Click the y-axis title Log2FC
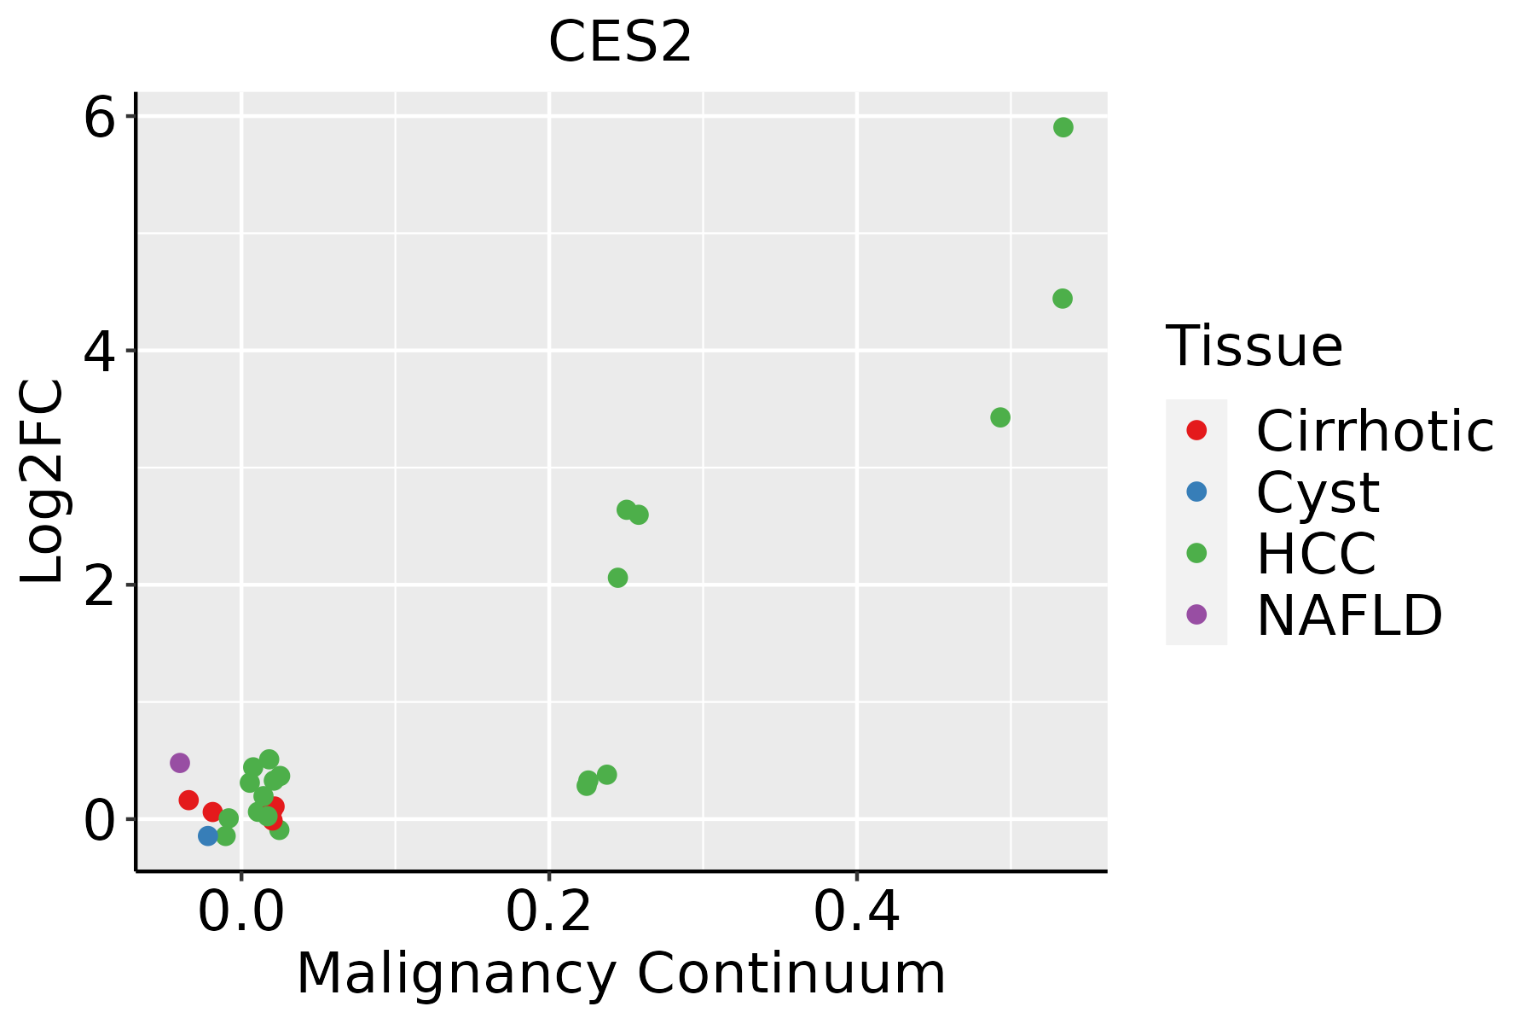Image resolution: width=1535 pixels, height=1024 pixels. click(43, 482)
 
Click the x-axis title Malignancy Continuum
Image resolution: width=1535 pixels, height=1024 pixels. click(620, 975)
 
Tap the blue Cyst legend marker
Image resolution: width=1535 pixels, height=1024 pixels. click(1196, 492)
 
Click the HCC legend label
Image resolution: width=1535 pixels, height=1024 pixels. click(1316, 553)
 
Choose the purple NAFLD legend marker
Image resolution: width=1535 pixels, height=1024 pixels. click(1196, 614)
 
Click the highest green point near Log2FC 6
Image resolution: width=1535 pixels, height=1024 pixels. click(1063, 127)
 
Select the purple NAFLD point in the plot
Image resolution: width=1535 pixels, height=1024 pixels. click(179, 763)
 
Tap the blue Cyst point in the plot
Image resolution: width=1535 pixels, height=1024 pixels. click(208, 835)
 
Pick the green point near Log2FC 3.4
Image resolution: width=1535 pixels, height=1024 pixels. click(1000, 417)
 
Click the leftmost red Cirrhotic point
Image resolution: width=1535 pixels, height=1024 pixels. click(188, 800)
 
